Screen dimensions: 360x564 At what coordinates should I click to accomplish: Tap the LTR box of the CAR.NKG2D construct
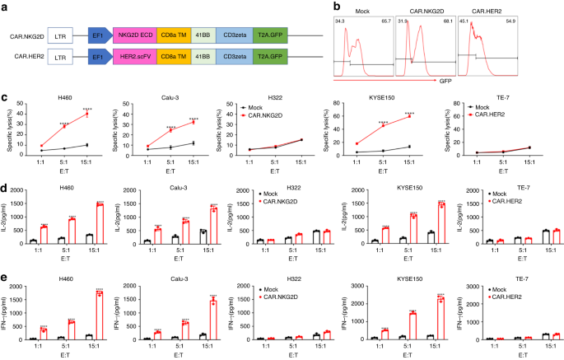click(60, 35)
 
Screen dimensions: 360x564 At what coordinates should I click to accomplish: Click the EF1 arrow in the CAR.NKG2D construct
click(97, 35)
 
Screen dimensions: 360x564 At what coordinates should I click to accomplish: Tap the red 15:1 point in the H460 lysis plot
click(86, 114)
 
